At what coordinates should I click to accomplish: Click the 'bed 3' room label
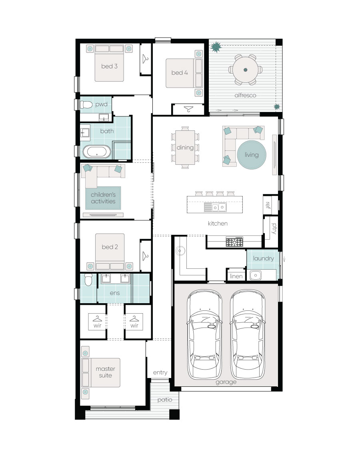coord(109,66)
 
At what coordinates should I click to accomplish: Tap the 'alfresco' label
coord(245,95)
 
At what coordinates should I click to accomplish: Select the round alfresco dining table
coord(246,70)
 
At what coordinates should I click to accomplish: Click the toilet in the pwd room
coord(86,104)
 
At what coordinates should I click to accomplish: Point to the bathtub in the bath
coord(97,152)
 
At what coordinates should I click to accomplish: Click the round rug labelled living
coord(252,155)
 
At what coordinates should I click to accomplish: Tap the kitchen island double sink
coord(215,207)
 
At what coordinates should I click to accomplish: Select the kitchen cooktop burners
coord(234,242)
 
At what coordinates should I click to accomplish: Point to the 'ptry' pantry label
coord(274,228)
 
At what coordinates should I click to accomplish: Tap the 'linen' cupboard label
coord(236,276)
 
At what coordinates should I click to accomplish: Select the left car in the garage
coord(204,334)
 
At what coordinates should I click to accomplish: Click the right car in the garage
coord(248,334)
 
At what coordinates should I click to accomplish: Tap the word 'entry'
coord(160,372)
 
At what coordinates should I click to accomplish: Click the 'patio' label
coord(165,400)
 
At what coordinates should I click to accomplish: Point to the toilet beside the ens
coord(88,279)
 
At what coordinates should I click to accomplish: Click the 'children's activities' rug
coord(103,198)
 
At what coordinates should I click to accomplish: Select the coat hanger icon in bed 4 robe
coord(189,109)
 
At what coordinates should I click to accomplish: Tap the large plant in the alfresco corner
coord(216,47)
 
